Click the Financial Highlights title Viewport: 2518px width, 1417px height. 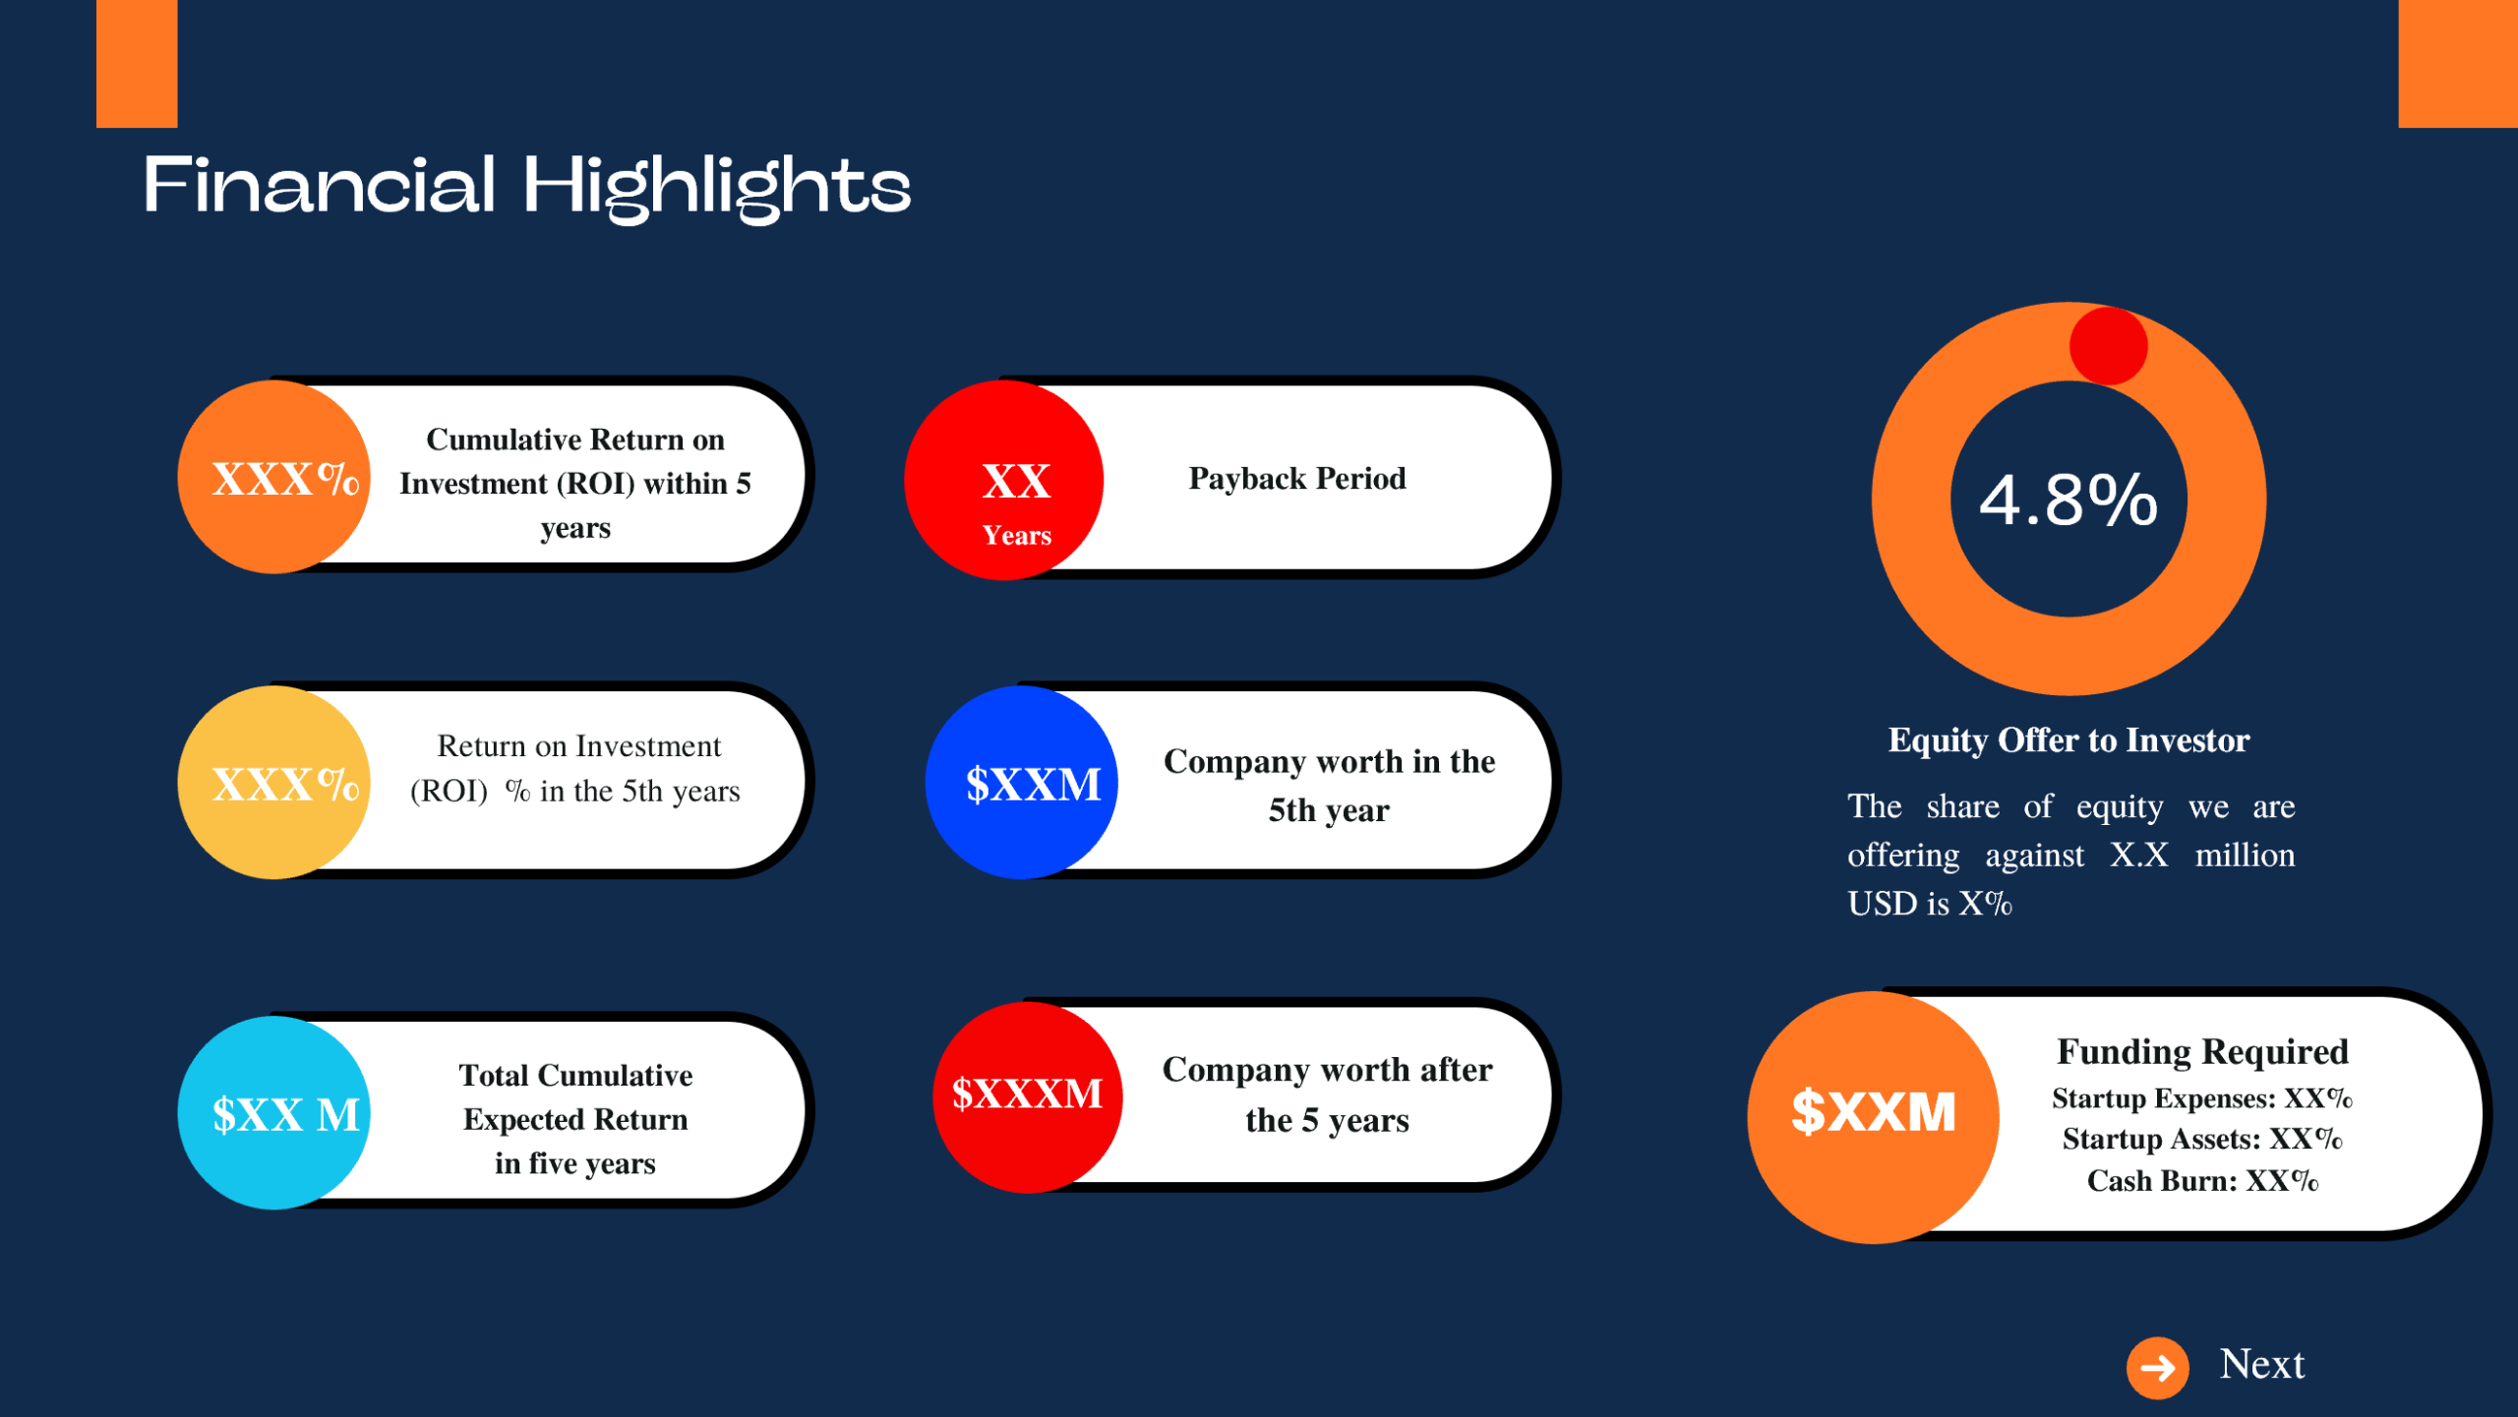(527, 186)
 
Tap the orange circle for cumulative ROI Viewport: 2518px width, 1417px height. (275, 477)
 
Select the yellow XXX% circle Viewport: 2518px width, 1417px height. (275, 783)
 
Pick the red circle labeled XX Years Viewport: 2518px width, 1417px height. (1004, 480)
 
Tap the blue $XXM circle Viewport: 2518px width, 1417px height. (1022, 783)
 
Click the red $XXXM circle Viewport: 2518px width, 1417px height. (1028, 1096)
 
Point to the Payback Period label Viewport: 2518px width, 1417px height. (1297, 479)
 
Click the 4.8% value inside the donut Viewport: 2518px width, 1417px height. (2068, 500)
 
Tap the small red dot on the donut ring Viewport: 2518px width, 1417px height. (2108, 346)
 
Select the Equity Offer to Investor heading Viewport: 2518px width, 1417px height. (2068, 739)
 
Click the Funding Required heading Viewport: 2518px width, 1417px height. (2202, 1051)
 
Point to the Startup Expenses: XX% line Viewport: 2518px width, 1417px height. (2202, 1098)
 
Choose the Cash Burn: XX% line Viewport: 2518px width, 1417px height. (2202, 1180)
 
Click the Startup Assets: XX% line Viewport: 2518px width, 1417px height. (2202, 1139)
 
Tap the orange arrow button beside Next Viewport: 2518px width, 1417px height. (2157, 1367)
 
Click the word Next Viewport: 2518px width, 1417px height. (2262, 1364)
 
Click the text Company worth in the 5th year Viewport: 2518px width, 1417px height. (1329, 785)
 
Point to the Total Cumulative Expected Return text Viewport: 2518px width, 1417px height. (575, 1119)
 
